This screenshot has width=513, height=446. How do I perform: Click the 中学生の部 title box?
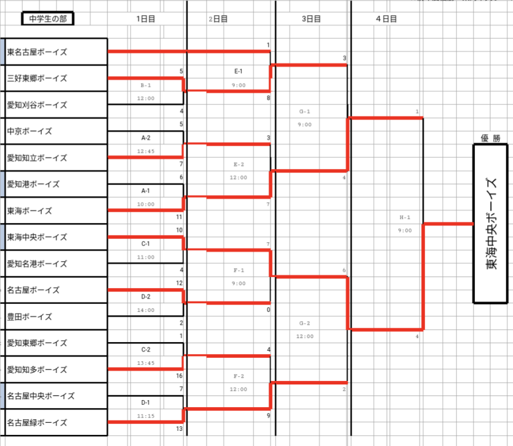(x=48, y=19)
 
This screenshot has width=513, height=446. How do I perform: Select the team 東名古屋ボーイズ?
(x=37, y=52)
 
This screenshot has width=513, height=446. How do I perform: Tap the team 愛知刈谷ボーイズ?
(x=37, y=105)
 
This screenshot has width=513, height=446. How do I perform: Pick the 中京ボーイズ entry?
(x=30, y=131)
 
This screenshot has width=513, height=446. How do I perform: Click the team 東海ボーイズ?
(x=30, y=211)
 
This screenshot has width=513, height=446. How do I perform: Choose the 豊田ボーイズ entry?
(x=30, y=316)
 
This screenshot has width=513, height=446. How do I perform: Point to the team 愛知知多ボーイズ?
(x=37, y=369)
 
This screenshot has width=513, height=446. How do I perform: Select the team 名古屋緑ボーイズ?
(x=37, y=423)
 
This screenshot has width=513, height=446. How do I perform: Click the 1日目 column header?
(x=145, y=19)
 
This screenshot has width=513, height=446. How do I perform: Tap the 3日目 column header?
(x=312, y=19)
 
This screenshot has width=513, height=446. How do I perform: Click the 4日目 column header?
(x=386, y=19)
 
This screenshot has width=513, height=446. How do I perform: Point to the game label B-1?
(x=146, y=85)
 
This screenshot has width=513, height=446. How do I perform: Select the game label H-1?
(x=405, y=218)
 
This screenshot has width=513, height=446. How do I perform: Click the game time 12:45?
(x=146, y=152)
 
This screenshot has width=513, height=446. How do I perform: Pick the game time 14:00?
(x=146, y=310)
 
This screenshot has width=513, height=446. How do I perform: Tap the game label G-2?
(x=305, y=323)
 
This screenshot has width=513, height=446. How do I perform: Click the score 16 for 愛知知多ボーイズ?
(x=179, y=376)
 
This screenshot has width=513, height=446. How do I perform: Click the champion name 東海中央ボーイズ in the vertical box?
(x=491, y=224)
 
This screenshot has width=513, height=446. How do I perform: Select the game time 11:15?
(x=146, y=416)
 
